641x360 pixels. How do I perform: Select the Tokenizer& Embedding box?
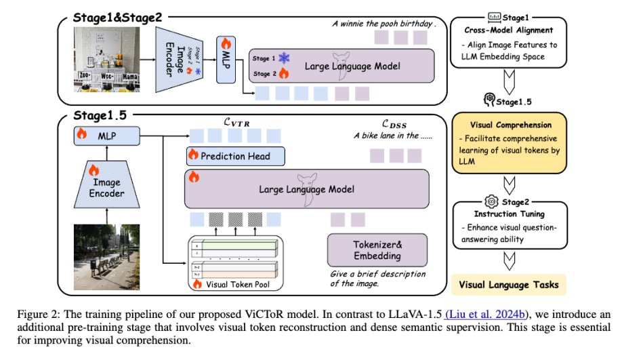[x=377, y=250]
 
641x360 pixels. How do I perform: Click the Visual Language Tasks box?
[x=510, y=284]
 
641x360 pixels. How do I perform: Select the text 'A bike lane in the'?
[x=390, y=135]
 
